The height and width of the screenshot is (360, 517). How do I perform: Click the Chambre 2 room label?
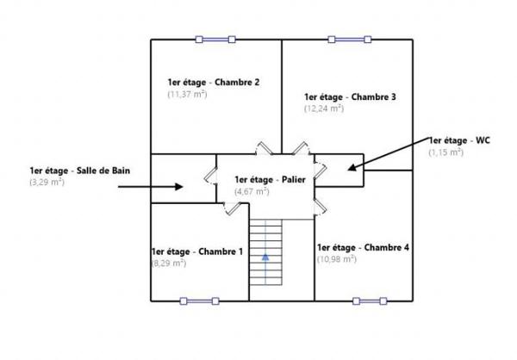click(214, 82)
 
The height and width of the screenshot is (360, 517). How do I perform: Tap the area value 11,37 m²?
click(187, 94)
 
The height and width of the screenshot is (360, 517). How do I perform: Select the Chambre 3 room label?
click(350, 97)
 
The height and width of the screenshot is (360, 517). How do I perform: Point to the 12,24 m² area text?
click(324, 109)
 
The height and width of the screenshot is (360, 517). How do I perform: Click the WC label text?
click(459, 140)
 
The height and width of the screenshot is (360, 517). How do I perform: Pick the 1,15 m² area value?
click(446, 152)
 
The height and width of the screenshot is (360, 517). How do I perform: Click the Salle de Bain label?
click(80, 171)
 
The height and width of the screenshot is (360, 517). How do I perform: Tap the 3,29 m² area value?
click(47, 182)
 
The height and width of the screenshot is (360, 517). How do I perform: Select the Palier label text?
click(270, 180)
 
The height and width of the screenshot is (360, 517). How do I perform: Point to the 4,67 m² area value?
click(252, 191)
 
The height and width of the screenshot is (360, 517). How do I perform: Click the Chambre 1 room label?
click(197, 251)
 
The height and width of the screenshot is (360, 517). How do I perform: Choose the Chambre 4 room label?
click(363, 247)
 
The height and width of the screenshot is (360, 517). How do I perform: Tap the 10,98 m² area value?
click(337, 259)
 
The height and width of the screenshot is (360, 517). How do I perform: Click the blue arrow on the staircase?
click(265, 257)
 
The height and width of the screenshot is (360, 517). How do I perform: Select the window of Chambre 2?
click(215, 40)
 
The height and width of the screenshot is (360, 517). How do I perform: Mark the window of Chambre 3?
click(350, 40)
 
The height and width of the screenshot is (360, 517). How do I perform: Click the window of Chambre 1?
click(200, 301)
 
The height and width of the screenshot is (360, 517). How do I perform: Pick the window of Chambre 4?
click(370, 301)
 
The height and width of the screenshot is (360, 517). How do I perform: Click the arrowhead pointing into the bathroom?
click(178, 187)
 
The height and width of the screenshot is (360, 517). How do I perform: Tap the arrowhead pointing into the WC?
click(352, 167)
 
